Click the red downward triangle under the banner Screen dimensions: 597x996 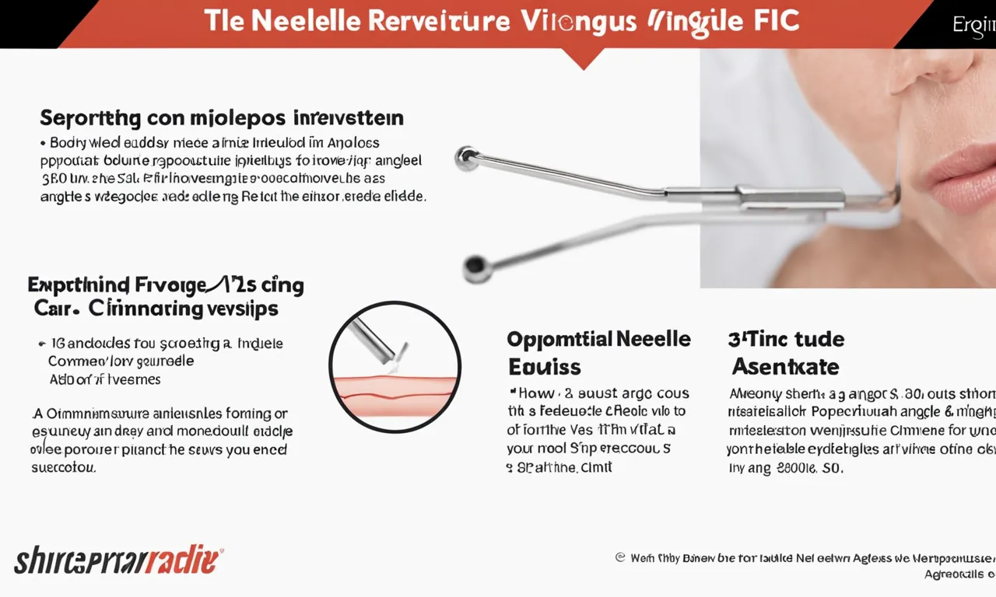pyautogui.click(x=583, y=58)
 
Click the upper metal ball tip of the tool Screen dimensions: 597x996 pyautogui.click(x=466, y=158)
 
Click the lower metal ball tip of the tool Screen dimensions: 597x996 pyautogui.click(x=476, y=268)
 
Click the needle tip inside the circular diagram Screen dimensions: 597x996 pyautogui.click(x=402, y=358)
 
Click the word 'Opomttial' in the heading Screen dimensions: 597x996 pyautogui.click(x=558, y=339)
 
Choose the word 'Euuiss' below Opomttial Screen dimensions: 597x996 pyautogui.click(x=545, y=366)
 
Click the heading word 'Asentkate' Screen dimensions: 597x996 pyautogui.click(x=785, y=366)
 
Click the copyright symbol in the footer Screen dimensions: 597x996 pyautogui.click(x=620, y=557)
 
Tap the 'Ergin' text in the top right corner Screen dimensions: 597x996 pyautogui.click(x=973, y=25)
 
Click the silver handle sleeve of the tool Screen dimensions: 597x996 pyautogui.click(x=790, y=196)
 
